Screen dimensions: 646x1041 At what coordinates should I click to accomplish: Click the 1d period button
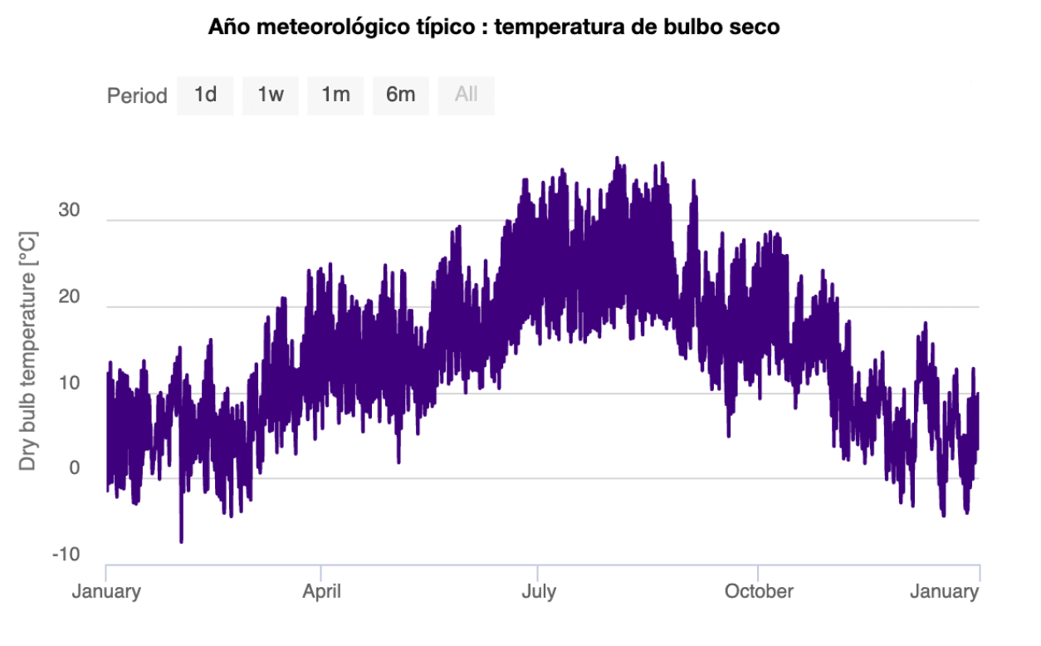pyautogui.click(x=205, y=95)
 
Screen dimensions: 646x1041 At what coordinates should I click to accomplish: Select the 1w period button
pyautogui.click(x=271, y=95)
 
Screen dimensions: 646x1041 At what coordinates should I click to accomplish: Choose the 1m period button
pyautogui.click(x=335, y=95)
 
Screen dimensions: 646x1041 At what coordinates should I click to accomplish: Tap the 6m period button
pyautogui.click(x=400, y=95)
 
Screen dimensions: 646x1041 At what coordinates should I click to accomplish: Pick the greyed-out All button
pyautogui.click(x=466, y=95)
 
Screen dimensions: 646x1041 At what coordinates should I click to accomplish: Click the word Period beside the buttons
pyautogui.click(x=137, y=96)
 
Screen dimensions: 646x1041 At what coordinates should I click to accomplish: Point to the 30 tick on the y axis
pyautogui.click(x=69, y=211)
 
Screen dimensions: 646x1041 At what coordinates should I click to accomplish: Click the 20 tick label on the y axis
pyautogui.click(x=69, y=297)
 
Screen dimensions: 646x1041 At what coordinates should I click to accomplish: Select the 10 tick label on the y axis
pyautogui.click(x=69, y=384)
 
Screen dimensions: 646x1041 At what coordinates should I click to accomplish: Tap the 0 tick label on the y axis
pyautogui.click(x=75, y=469)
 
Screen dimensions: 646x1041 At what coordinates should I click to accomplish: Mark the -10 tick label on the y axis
pyautogui.click(x=66, y=555)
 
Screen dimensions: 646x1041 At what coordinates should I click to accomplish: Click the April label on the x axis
pyautogui.click(x=320, y=592)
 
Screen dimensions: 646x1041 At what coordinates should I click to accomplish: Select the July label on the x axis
pyautogui.click(x=538, y=592)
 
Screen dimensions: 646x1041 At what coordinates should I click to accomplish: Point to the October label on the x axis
pyautogui.click(x=759, y=592)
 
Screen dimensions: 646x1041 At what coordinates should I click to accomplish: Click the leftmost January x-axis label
pyautogui.click(x=106, y=592)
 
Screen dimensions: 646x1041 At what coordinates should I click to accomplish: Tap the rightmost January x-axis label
pyautogui.click(x=944, y=592)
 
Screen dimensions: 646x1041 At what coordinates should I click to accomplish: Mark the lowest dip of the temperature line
pyautogui.click(x=181, y=540)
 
